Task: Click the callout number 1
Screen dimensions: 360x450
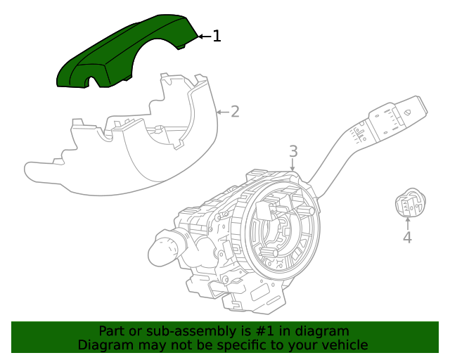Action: tap(217, 36)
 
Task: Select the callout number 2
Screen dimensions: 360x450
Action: tap(235, 111)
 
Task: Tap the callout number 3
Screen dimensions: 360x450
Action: tap(293, 151)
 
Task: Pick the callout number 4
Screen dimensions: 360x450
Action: tap(407, 238)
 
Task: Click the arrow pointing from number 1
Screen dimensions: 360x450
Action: tap(203, 36)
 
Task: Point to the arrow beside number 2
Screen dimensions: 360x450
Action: tap(221, 111)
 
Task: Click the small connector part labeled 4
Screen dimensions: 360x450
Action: tap(407, 205)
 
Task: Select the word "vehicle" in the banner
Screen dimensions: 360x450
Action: tap(343, 345)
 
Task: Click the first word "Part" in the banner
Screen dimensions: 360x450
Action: tap(112, 330)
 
